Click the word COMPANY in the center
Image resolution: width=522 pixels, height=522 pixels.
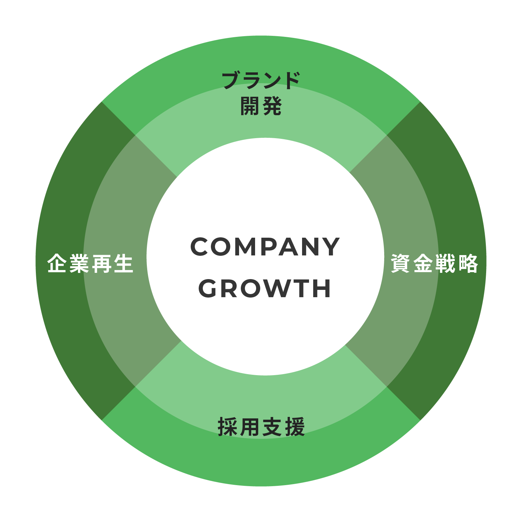click(x=265, y=247)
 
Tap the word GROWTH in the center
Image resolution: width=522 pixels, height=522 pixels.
click(x=265, y=288)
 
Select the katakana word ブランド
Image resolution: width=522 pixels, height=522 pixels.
click(x=261, y=80)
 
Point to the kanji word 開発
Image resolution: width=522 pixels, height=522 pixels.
click(x=261, y=106)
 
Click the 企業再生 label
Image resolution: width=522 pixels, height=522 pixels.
click(x=90, y=263)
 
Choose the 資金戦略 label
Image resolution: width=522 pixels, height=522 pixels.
click(x=435, y=263)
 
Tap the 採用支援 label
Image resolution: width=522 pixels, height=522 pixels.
click(x=261, y=427)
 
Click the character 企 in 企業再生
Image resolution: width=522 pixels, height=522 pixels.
click(x=57, y=263)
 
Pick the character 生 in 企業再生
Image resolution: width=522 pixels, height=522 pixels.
click(x=124, y=263)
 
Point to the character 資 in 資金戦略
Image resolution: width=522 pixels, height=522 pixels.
click(x=401, y=263)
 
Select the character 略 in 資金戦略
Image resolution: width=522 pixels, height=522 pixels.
click(x=468, y=263)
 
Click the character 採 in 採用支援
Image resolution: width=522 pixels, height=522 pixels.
click(x=228, y=427)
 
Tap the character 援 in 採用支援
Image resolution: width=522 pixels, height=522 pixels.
click(x=295, y=427)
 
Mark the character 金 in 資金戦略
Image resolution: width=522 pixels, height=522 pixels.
click(x=424, y=263)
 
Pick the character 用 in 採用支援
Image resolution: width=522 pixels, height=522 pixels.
click(x=250, y=427)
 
